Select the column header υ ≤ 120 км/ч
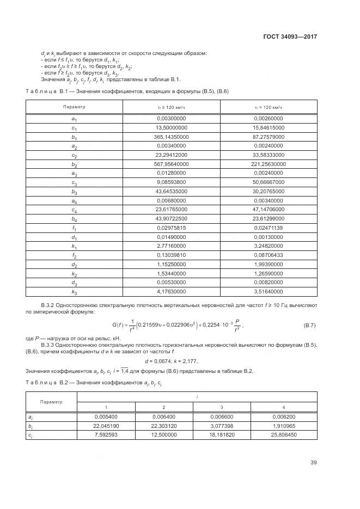coord(172,107)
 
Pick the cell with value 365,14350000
coord(172,137)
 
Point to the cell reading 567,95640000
coord(172,165)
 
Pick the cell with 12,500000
coord(163,434)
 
